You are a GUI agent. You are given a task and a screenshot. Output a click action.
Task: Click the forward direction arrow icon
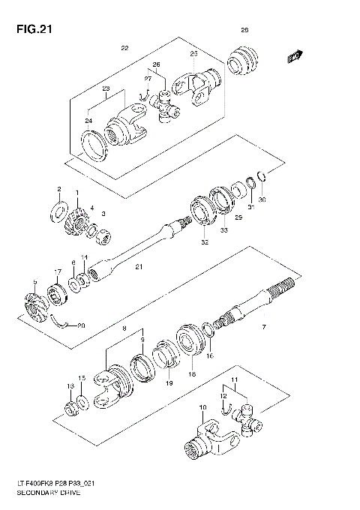294,55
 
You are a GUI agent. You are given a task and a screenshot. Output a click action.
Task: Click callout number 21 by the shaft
138,267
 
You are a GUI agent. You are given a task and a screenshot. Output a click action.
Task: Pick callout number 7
262,328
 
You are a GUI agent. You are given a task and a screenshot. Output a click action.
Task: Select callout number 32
204,242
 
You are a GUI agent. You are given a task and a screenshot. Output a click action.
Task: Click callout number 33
223,232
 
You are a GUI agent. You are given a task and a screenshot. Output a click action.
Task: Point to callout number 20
82,325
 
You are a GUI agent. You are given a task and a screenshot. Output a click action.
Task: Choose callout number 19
168,383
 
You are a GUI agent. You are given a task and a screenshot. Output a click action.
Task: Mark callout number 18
192,373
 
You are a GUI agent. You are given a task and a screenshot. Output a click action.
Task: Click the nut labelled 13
70,408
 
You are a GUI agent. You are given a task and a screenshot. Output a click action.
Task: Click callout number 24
88,120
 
